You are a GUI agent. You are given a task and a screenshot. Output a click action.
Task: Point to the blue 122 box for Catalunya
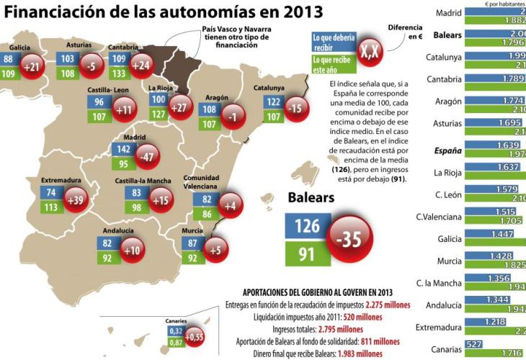point(274,102)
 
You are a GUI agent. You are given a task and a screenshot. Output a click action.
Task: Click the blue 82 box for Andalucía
point(107,243)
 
